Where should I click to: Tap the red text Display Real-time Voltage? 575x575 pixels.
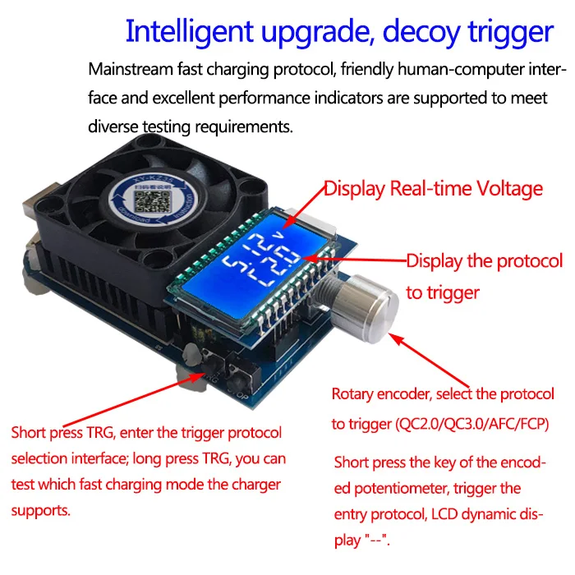[434, 188]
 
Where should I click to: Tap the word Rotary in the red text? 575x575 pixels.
[354, 393]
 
